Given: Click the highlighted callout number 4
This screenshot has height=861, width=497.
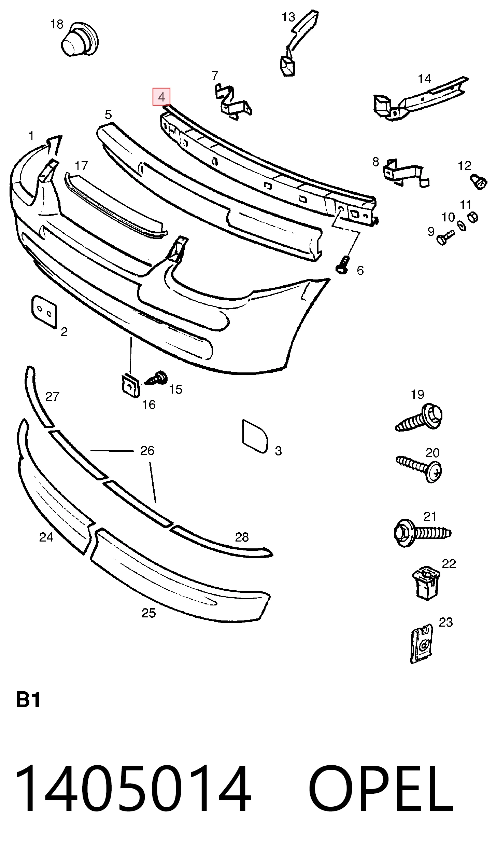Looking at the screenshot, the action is pos(161,97).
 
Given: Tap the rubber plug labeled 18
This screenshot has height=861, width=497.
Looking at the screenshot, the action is pos(80,40).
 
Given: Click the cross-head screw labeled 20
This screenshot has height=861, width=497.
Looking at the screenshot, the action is pos(419,468).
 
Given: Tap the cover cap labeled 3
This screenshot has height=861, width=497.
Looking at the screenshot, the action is pos(255,436).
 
